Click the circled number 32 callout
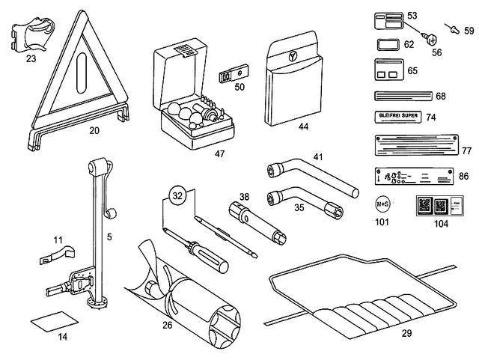point(177,197)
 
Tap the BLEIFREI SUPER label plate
point(394,117)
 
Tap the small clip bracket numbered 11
point(54,255)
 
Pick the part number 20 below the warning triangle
point(94,130)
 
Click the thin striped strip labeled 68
point(401,96)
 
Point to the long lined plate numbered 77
point(412,145)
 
